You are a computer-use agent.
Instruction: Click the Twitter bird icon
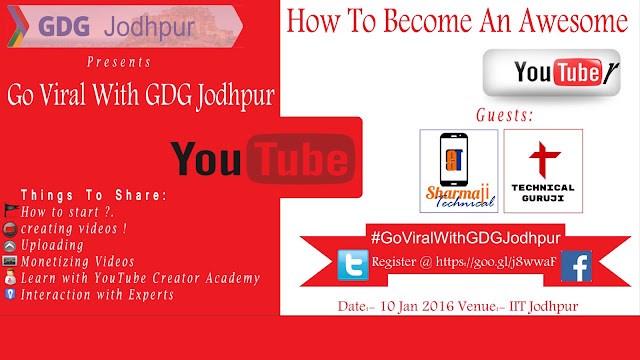coord(353,265)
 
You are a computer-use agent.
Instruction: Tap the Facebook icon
coord(576,266)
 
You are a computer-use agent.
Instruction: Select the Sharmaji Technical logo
coord(459,171)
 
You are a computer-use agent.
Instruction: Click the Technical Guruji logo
coord(543,171)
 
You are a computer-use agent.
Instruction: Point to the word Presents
coord(119,62)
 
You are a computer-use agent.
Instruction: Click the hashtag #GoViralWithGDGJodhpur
coord(466,238)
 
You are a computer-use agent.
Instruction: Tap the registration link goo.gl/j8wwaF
coord(496,262)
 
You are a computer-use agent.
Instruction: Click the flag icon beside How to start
coord(11,210)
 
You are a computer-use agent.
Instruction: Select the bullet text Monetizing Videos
coord(78,262)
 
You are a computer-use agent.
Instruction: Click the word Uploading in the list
coord(52,245)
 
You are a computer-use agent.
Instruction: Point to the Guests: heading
coord(505,115)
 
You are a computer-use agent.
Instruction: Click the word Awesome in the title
coord(573,21)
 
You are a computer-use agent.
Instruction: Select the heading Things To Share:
coord(94,195)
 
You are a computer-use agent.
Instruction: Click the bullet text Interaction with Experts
coord(97,295)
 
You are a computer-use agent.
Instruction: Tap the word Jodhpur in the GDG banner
coord(149,27)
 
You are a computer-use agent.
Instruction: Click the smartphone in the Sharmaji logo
coord(453,160)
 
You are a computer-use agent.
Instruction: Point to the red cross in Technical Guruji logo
coord(544,159)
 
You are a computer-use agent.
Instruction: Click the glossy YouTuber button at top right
coord(551,73)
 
